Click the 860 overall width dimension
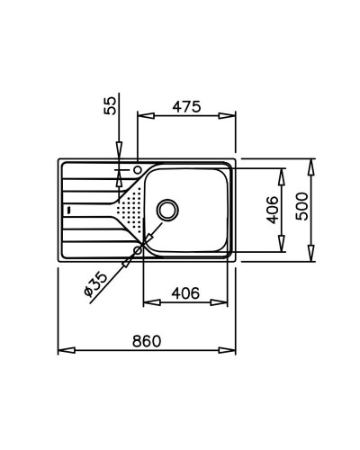click(147, 341)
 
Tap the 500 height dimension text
click(301, 207)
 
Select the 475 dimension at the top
click(186, 107)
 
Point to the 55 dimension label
click(110, 105)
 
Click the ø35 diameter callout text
click(95, 283)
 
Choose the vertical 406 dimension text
click(273, 210)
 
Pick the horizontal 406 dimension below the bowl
click(185, 293)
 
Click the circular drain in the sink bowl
click(168, 210)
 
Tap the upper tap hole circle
click(138, 170)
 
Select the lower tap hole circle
click(138, 249)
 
